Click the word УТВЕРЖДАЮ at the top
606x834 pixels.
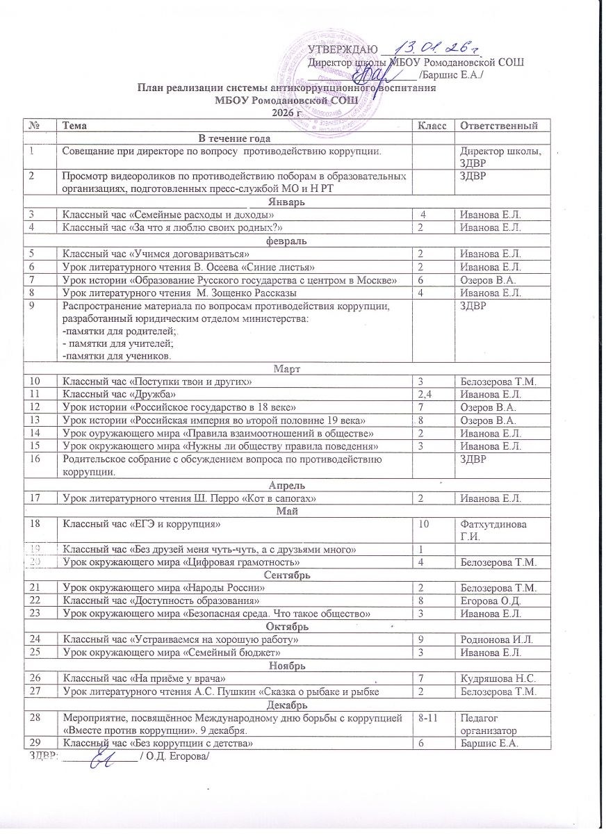pos(343,49)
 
